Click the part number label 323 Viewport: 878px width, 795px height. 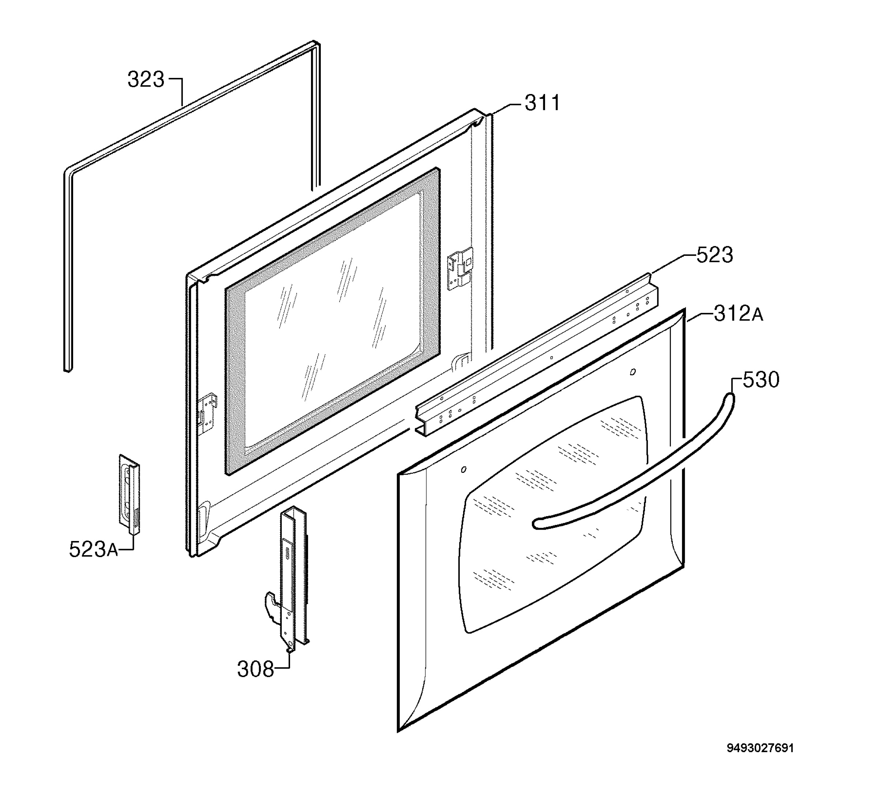[x=146, y=80]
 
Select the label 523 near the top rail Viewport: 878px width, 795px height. [x=715, y=255]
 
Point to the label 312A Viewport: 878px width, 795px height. [x=738, y=314]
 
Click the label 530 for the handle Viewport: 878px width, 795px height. [x=761, y=380]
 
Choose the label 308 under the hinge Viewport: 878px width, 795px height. [x=256, y=669]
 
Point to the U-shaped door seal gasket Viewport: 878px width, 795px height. [x=70, y=261]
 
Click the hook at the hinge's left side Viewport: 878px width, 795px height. [x=272, y=606]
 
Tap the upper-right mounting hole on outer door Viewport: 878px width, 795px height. [x=633, y=372]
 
